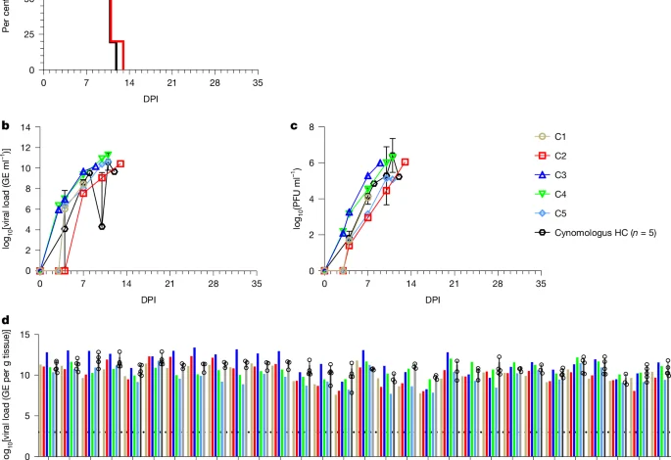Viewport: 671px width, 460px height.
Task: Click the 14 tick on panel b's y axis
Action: pos(25,127)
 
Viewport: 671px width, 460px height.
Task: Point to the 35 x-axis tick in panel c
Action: pos(541,283)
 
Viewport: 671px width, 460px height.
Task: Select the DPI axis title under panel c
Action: pos(432,299)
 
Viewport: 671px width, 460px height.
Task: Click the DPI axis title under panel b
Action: pos(148,299)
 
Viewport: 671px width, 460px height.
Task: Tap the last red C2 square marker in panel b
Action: pos(120,163)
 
